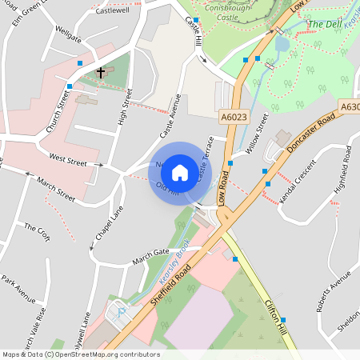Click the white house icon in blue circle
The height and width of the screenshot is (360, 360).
tap(180, 172)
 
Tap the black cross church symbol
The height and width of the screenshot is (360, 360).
tap(101, 72)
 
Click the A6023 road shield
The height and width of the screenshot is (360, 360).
tap(233, 117)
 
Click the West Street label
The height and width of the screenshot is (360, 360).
tap(67, 161)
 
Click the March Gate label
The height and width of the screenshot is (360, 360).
tap(151, 254)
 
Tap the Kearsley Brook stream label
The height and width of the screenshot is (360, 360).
tap(173, 257)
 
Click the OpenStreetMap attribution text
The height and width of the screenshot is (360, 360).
tap(80, 354)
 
